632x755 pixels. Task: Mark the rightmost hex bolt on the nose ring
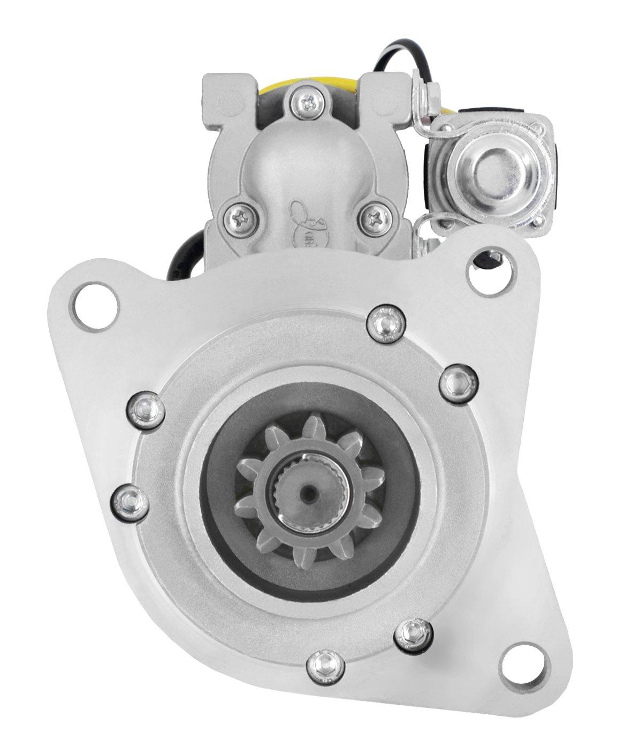455,381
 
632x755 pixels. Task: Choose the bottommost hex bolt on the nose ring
322,666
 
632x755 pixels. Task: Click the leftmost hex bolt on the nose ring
130,501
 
